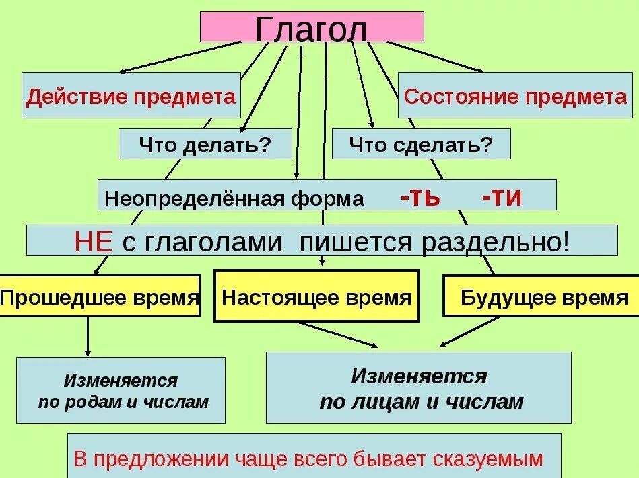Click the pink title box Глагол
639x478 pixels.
point(312,28)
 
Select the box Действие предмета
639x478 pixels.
point(131,95)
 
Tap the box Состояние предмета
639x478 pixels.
point(515,95)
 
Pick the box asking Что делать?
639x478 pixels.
point(205,144)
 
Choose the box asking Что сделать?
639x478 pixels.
point(422,144)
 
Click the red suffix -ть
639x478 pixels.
point(419,197)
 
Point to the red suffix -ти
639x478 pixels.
point(502,197)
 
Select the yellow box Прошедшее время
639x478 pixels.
point(100,296)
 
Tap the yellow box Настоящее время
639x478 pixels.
point(316,296)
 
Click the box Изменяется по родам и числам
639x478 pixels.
point(121,391)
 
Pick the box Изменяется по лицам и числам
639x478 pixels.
point(419,388)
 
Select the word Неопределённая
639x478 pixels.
point(174,199)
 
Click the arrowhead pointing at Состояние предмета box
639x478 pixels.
point(479,69)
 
